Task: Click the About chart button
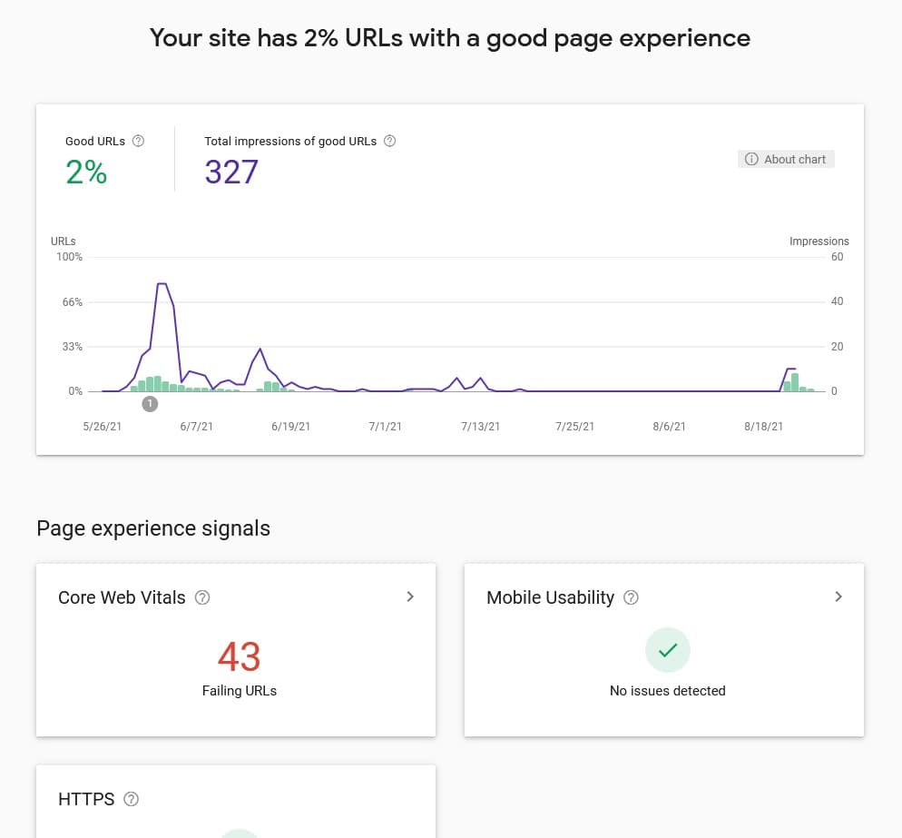[786, 159]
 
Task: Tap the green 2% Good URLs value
[86, 172]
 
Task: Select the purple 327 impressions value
[231, 172]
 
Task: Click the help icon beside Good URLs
[139, 141]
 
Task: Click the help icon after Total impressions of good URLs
[390, 141]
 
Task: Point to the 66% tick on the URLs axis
[72, 301]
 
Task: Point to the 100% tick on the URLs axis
[70, 257]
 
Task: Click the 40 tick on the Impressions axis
[837, 301]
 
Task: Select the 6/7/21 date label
[196, 427]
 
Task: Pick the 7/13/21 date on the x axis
[480, 427]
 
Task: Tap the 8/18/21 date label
[763, 427]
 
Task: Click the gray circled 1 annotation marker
[151, 404]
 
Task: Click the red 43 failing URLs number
[240, 656]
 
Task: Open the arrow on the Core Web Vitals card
[410, 596]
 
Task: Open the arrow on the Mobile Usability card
[838, 596]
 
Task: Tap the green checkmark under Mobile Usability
[668, 650]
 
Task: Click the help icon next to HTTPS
[132, 799]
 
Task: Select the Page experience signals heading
[153, 528]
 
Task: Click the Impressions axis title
[819, 242]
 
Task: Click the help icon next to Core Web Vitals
[203, 597]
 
